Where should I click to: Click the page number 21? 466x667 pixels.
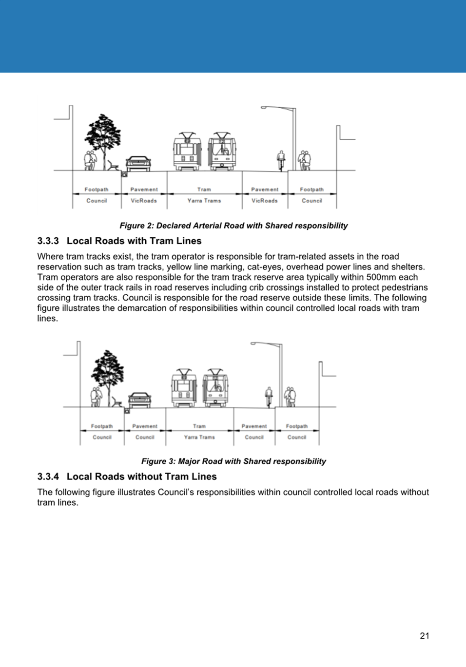(x=424, y=635)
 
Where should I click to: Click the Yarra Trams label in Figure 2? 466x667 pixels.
(x=204, y=201)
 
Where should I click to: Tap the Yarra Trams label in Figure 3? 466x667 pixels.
(x=199, y=437)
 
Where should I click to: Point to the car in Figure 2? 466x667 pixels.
(x=138, y=164)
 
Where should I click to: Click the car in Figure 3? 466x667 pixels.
(x=140, y=400)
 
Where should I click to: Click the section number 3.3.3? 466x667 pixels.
(x=48, y=241)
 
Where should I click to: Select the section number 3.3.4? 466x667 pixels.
(x=48, y=476)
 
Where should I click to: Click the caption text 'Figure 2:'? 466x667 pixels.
(x=136, y=226)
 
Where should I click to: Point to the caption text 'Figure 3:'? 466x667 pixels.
(x=158, y=461)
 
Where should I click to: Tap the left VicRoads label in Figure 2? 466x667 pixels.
(x=144, y=201)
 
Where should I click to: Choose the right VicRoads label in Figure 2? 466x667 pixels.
(x=265, y=201)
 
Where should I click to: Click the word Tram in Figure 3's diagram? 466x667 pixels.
(x=199, y=426)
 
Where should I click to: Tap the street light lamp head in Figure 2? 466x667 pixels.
(x=264, y=107)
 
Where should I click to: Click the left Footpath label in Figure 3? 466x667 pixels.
(x=102, y=426)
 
